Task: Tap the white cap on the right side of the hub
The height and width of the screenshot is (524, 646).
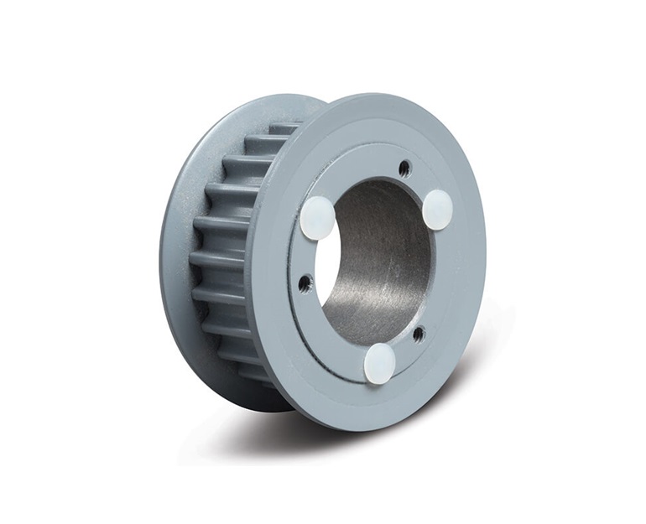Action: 437,210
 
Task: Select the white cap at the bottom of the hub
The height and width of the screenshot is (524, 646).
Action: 379,364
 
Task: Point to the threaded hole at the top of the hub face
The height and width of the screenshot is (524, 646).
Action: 404,168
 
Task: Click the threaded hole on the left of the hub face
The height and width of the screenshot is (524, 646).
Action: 305,283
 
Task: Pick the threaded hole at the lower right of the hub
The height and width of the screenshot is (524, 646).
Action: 418,334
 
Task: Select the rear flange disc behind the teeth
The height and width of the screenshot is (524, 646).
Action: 180,252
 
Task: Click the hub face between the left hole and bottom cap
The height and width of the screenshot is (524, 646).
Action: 331,335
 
